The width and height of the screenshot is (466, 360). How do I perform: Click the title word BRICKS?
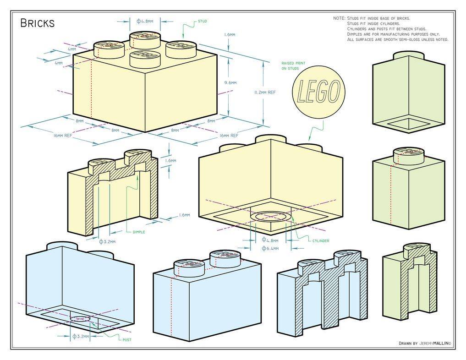pyautogui.click(x=38, y=23)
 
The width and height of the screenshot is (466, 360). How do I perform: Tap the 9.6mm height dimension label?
pyautogui.click(x=230, y=83)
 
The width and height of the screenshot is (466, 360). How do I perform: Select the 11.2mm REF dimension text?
pyautogui.click(x=264, y=92)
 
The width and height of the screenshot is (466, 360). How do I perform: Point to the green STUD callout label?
pyautogui.click(x=202, y=21)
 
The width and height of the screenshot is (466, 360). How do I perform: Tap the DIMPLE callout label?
pyautogui.click(x=138, y=232)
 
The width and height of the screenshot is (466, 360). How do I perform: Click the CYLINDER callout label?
pyautogui.click(x=320, y=240)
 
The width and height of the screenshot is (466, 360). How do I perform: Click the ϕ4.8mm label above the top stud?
pyautogui.click(x=144, y=21)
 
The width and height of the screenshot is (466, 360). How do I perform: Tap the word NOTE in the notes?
pyautogui.click(x=339, y=18)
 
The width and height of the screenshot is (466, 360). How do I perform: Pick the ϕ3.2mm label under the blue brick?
pyautogui.click(x=80, y=336)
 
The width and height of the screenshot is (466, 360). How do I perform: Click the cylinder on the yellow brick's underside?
pyautogui.click(x=272, y=216)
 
